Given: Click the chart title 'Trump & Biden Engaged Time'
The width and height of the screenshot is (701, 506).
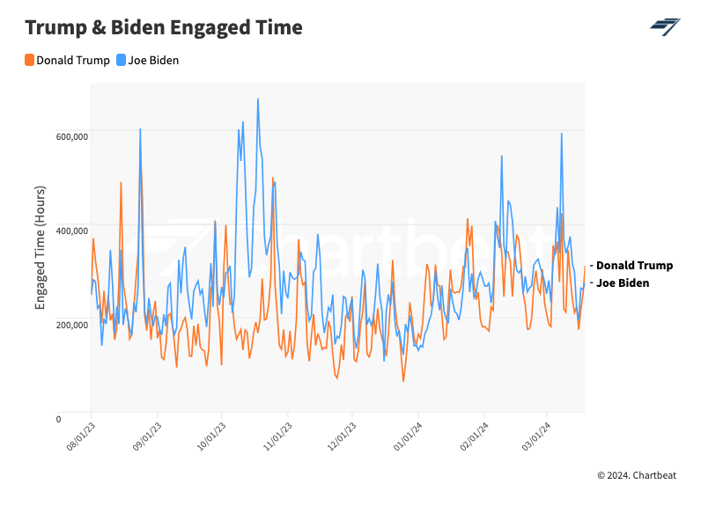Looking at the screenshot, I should pos(164,27).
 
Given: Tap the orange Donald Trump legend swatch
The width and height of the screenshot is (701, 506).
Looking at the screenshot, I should pos(30,61).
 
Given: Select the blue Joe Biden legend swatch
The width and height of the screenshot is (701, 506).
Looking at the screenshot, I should pos(122,61).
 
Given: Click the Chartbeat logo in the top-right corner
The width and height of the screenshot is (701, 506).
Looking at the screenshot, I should pos(665,26).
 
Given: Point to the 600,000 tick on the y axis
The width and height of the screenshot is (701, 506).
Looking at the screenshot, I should pos(70,136).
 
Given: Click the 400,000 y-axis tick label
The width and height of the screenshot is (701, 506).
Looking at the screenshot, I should pos(70,231).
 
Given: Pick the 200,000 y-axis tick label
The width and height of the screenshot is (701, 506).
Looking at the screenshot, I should pos(70,325).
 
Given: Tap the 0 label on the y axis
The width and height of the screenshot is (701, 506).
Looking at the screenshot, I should pos(83,419).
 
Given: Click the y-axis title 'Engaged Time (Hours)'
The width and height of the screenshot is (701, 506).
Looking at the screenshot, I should pos(41,247).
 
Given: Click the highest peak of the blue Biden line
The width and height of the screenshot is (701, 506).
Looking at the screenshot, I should pos(258,99).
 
